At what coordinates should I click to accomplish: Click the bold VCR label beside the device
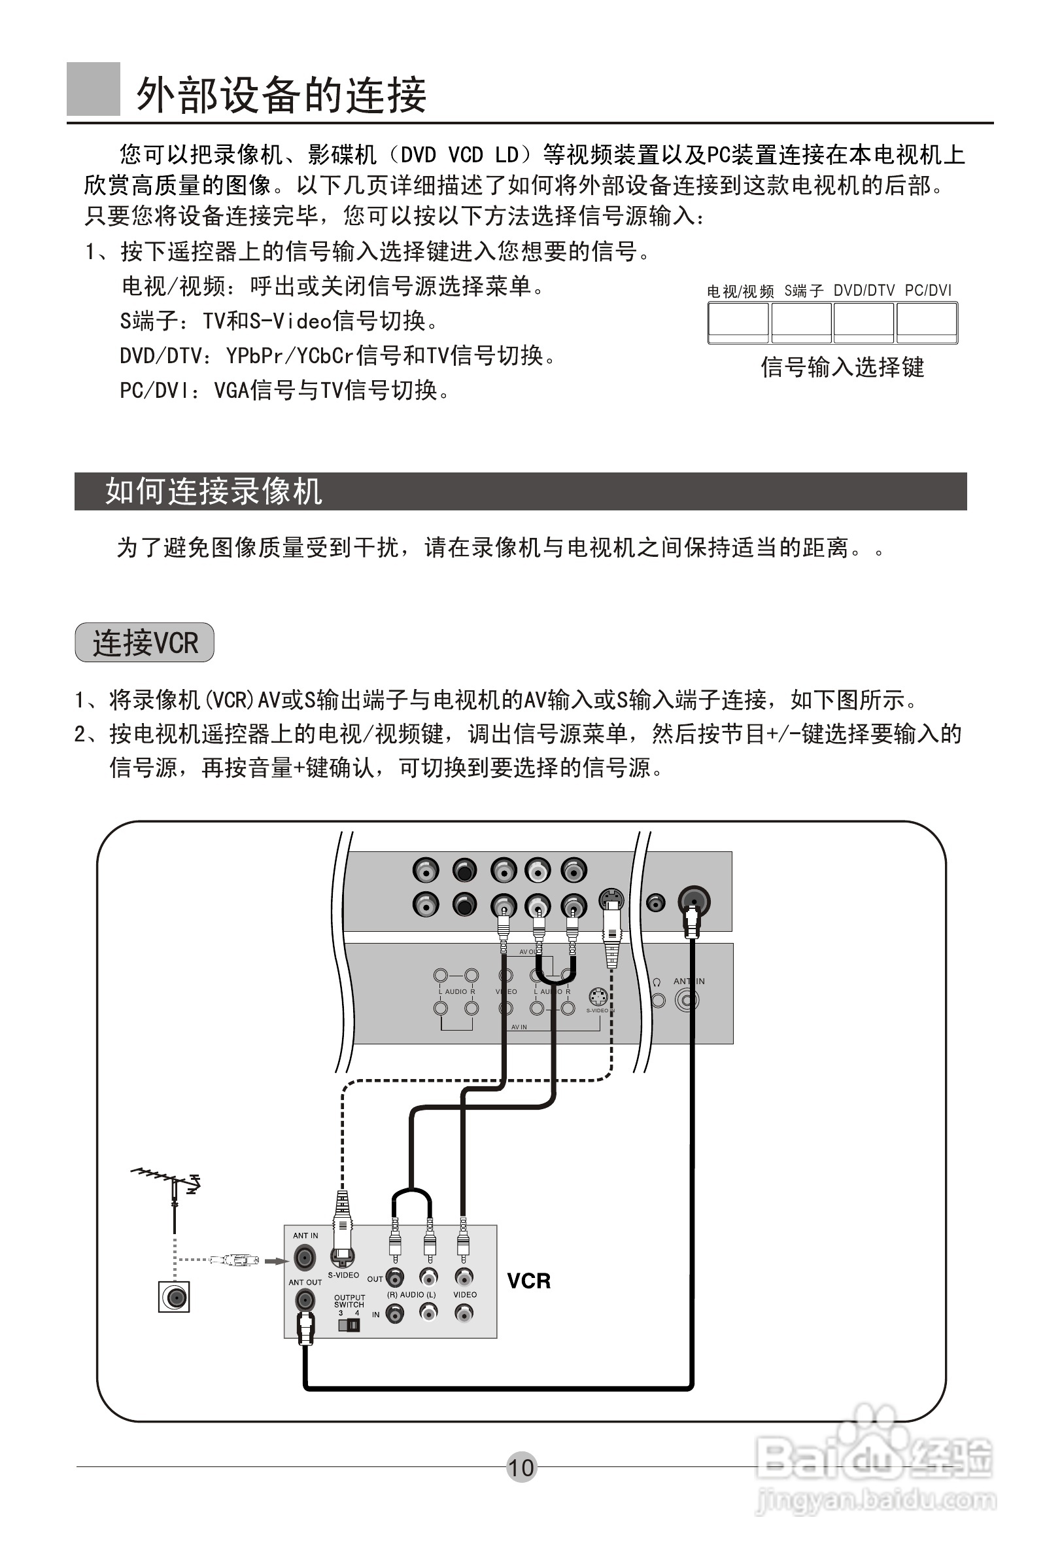pyautogui.click(x=528, y=1281)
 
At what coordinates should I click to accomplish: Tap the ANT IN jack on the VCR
pyautogui.click(x=305, y=1256)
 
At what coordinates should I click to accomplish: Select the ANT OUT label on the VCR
pyautogui.click(x=305, y=1282)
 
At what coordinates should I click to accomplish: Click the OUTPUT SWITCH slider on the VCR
pyautogui.click(x=349, y=1326)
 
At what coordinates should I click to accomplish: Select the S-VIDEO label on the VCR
pyautogui.click(x=343, y=1275)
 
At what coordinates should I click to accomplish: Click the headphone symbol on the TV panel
pyautogui.click(x=657, y=982)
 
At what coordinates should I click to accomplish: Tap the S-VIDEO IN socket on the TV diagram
pyautogui.click(x=598, y=997)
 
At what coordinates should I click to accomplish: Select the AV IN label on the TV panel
pyautogui.click(x=519, y=1027)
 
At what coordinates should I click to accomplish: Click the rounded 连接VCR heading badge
pyautogui.click(x=145, y=643)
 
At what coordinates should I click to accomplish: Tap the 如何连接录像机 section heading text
pyautogui.click(x=213, y=491)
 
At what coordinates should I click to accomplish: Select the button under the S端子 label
pyautogui.click(x=801, y=323)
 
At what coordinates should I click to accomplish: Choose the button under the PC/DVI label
pyautogui.click(x=927, y=323)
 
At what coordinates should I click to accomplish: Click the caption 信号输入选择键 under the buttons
pyautogui.click(x=842, y=367)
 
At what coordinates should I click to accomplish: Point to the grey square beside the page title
pyautogui.click(x=94, y=88)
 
